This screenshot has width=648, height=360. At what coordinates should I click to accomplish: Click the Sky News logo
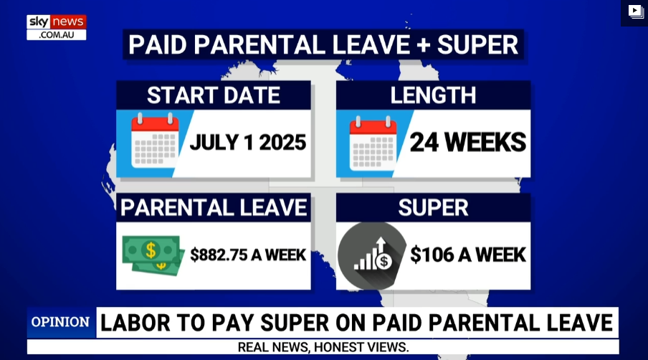tap(56, 27)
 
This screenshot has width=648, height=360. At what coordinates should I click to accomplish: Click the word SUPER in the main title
tap(477, 44)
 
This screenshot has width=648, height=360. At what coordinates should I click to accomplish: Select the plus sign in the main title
tap(424, 45)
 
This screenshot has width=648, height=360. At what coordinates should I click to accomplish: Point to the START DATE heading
tap(214, 95)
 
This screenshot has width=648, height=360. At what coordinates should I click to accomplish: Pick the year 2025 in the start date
tap(282, 143)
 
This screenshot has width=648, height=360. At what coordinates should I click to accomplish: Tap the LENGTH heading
tap(433, 95)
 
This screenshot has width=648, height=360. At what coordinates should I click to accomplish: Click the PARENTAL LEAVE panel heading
tap(214, 207)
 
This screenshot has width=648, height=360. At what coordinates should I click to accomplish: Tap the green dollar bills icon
tap(153, 255)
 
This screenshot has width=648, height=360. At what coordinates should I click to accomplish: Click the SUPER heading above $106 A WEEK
tap(433, 207)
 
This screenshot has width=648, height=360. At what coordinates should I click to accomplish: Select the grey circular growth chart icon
tap(372, 256)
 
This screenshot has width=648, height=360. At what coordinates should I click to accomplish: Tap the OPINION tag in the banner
tap(60, 322)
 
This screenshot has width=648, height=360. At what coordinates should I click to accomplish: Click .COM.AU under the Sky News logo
tap(57, 35)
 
